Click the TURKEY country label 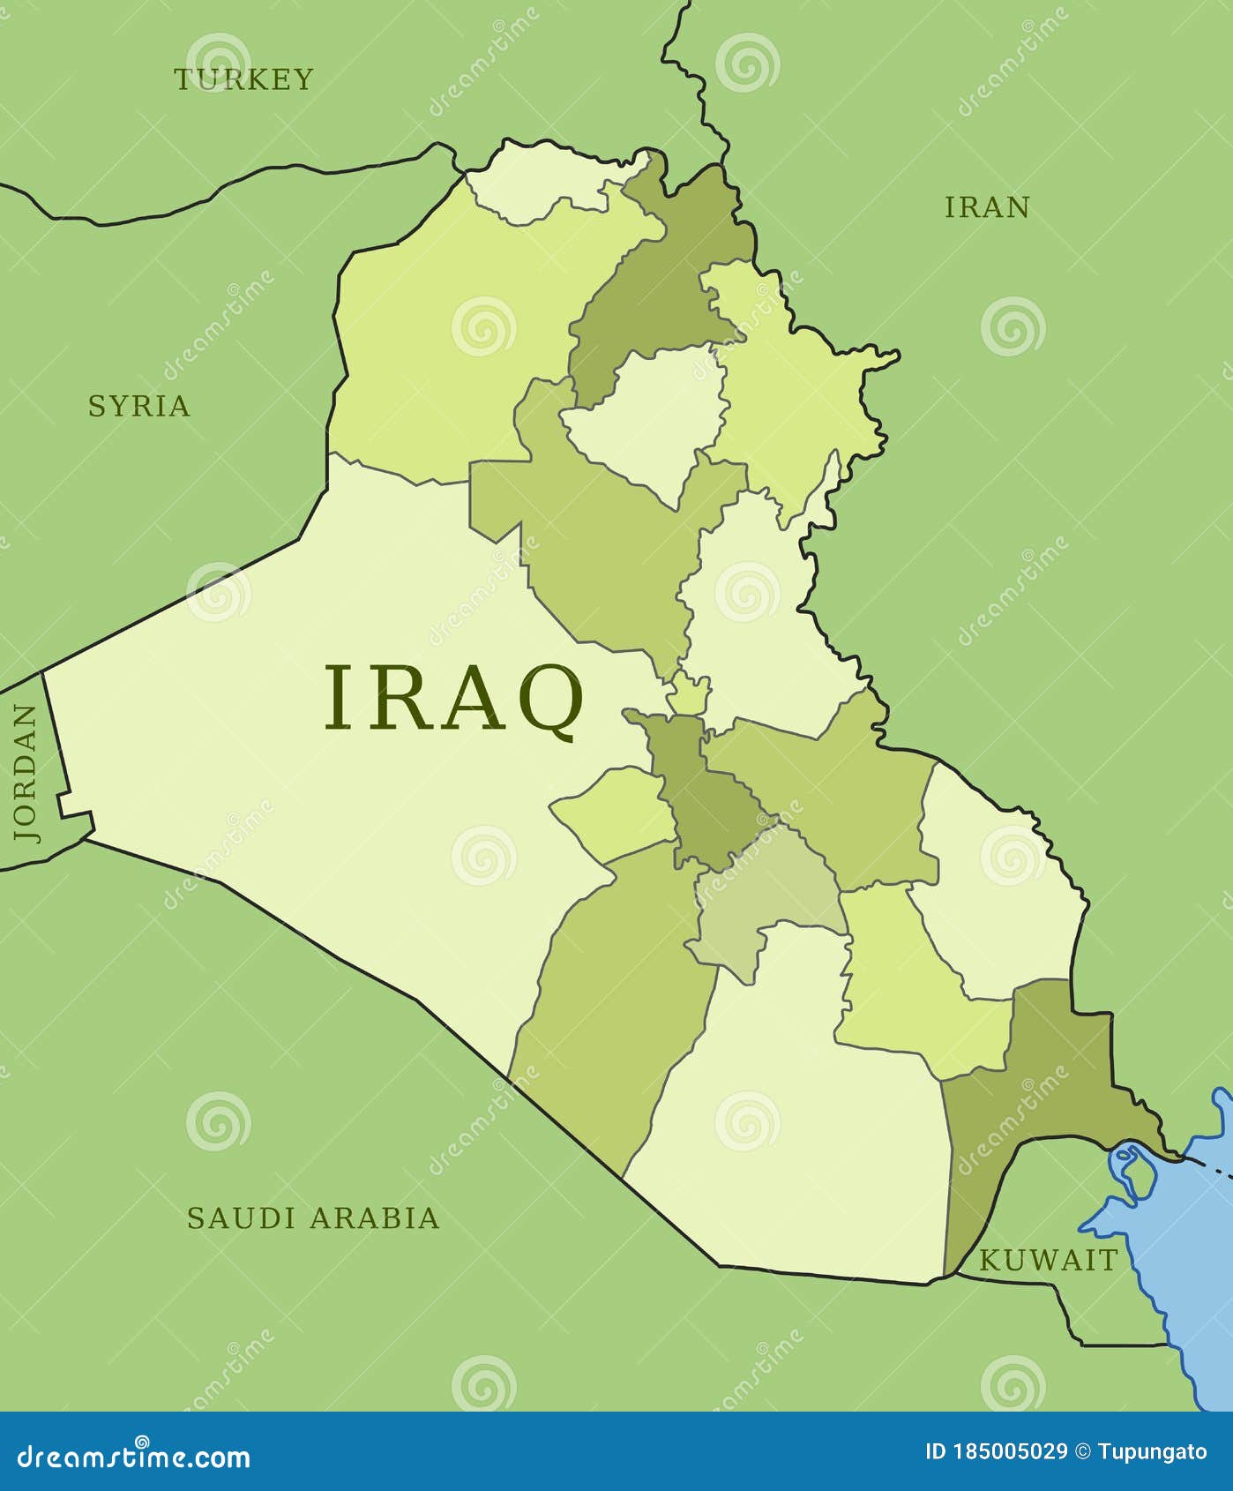(x=243, y=79)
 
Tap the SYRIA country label (x=139, y=406)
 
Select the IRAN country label (x=987, y=207)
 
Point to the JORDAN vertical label (x=26, y=773)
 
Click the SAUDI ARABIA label (x=313, y=1218)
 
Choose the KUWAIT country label (x=1048, y=1261)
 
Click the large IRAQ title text (x=454, y=698)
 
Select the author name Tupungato (x=1152, y=1451)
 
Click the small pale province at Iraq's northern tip (x=538, y=185)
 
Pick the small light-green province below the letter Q (x=617, y=812)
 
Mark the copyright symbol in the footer (x=1083, y=1451)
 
